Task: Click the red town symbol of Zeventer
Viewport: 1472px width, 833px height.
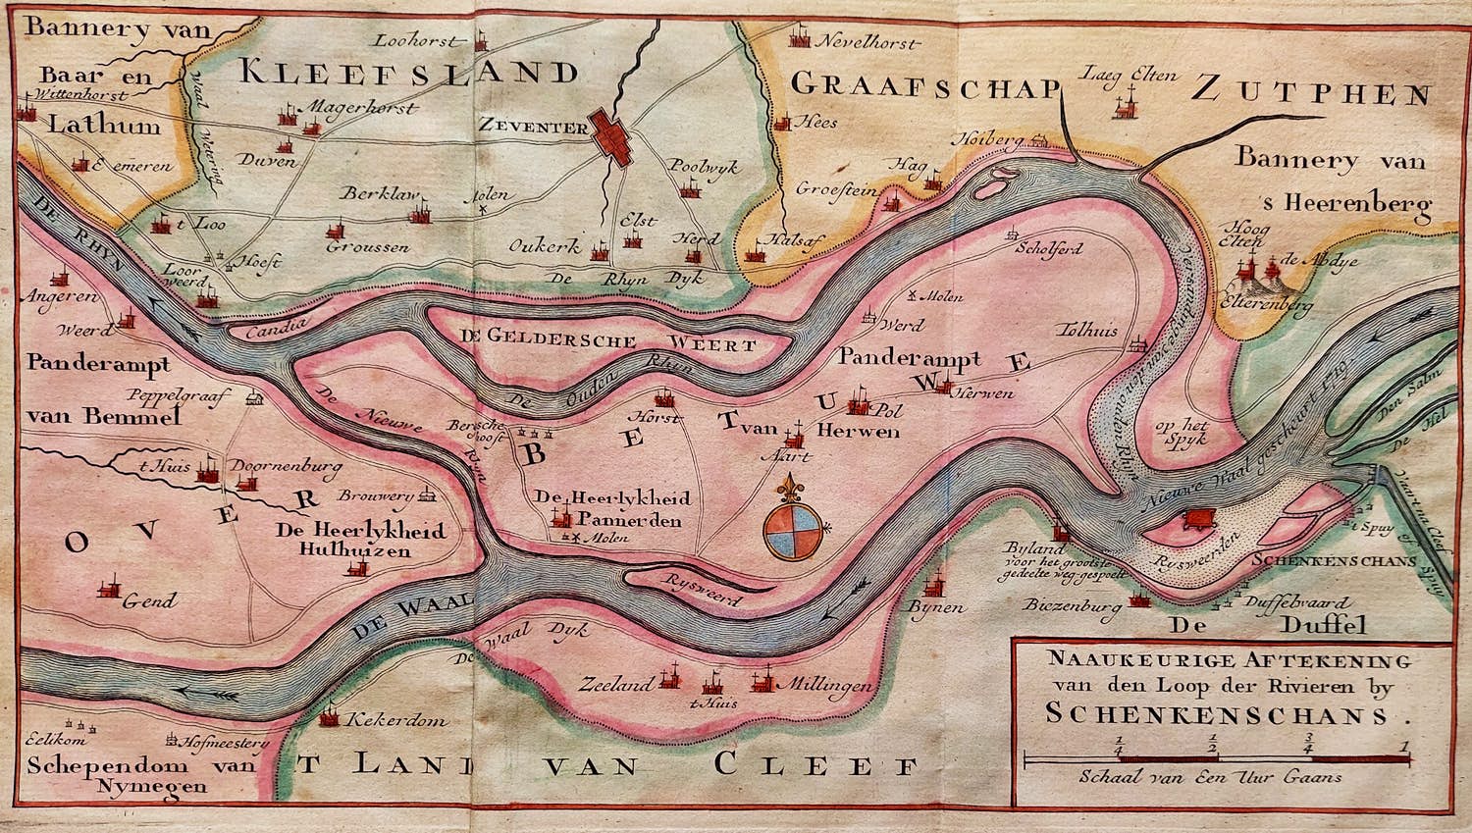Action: point(613,138)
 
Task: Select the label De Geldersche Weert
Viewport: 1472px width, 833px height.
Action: point(606,345)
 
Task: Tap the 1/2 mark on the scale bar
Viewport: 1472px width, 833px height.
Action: point(1214,745)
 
